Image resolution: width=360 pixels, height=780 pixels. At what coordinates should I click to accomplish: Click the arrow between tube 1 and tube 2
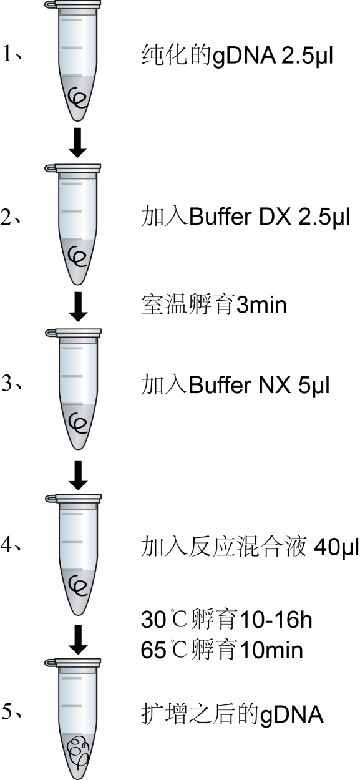click(x=77, y=143)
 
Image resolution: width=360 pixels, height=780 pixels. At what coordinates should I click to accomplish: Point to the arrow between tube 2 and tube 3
click(x=78, y=307)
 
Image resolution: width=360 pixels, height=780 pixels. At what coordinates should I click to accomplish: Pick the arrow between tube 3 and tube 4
click(x=78, y=475)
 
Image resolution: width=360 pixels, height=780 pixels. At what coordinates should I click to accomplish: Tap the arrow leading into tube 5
click(x=78, y=640)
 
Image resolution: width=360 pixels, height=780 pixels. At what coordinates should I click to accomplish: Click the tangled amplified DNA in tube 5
click(x=78, y=749)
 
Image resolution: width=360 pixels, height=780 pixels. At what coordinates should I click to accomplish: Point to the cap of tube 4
click(x=73, y=499)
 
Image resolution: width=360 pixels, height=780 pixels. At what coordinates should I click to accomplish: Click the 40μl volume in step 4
click(x=336, y=547)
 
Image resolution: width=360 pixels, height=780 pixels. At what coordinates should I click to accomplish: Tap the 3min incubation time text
click(x=261, y=305)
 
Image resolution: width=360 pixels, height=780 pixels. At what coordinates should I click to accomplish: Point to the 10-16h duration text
click(x=276, y=619)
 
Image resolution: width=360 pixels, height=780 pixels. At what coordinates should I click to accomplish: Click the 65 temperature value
click(x=153, y=650)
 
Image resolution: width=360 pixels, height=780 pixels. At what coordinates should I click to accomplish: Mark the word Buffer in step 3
click(x=220, y=386)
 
